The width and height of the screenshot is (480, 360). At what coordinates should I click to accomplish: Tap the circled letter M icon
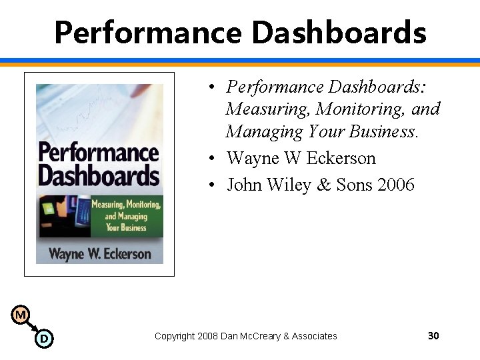pos(21,314)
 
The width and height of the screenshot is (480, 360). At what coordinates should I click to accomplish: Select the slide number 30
pos(433,335)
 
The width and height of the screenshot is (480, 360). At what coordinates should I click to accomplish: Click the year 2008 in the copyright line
pos(209,336)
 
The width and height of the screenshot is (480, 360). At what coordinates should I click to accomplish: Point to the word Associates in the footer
pos(313,336)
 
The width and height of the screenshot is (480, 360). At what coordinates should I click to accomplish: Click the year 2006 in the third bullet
pos(395,185)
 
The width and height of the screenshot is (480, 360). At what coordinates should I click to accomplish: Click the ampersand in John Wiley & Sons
pos(324,185)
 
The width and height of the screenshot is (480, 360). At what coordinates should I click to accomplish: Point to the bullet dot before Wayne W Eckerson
pos(210,159)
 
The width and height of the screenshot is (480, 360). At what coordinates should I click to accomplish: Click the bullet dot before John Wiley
pos(210,185)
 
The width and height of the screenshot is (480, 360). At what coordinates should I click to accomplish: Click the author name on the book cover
pos(99,253)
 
